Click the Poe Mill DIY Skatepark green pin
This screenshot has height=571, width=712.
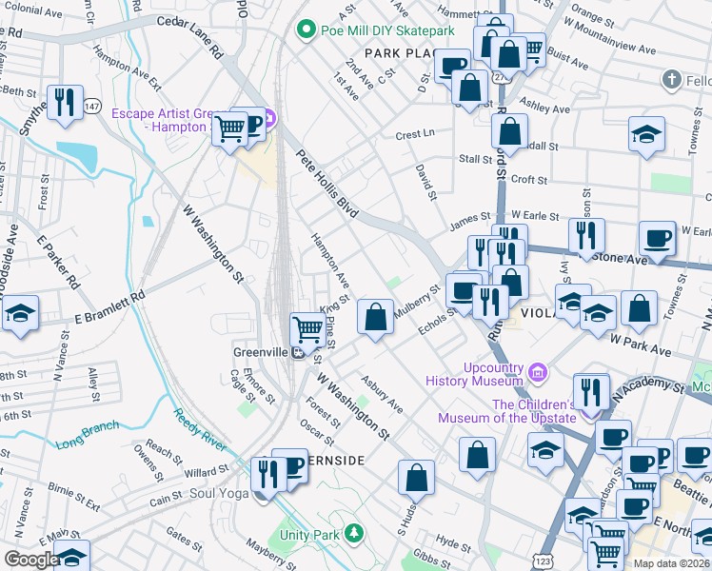click(306, 30)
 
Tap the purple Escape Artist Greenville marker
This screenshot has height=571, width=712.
click(268, 119)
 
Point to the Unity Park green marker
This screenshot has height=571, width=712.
click(354, 531)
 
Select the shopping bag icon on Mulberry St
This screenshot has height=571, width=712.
click(376, 316)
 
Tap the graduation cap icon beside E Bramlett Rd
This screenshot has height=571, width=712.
click(20, 314)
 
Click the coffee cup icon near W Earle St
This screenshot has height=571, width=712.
click(656, 237)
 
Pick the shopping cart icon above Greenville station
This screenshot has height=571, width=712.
click(307, 329)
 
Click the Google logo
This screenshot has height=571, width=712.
click(30, 560)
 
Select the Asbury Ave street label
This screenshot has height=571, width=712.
click(381, 394)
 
